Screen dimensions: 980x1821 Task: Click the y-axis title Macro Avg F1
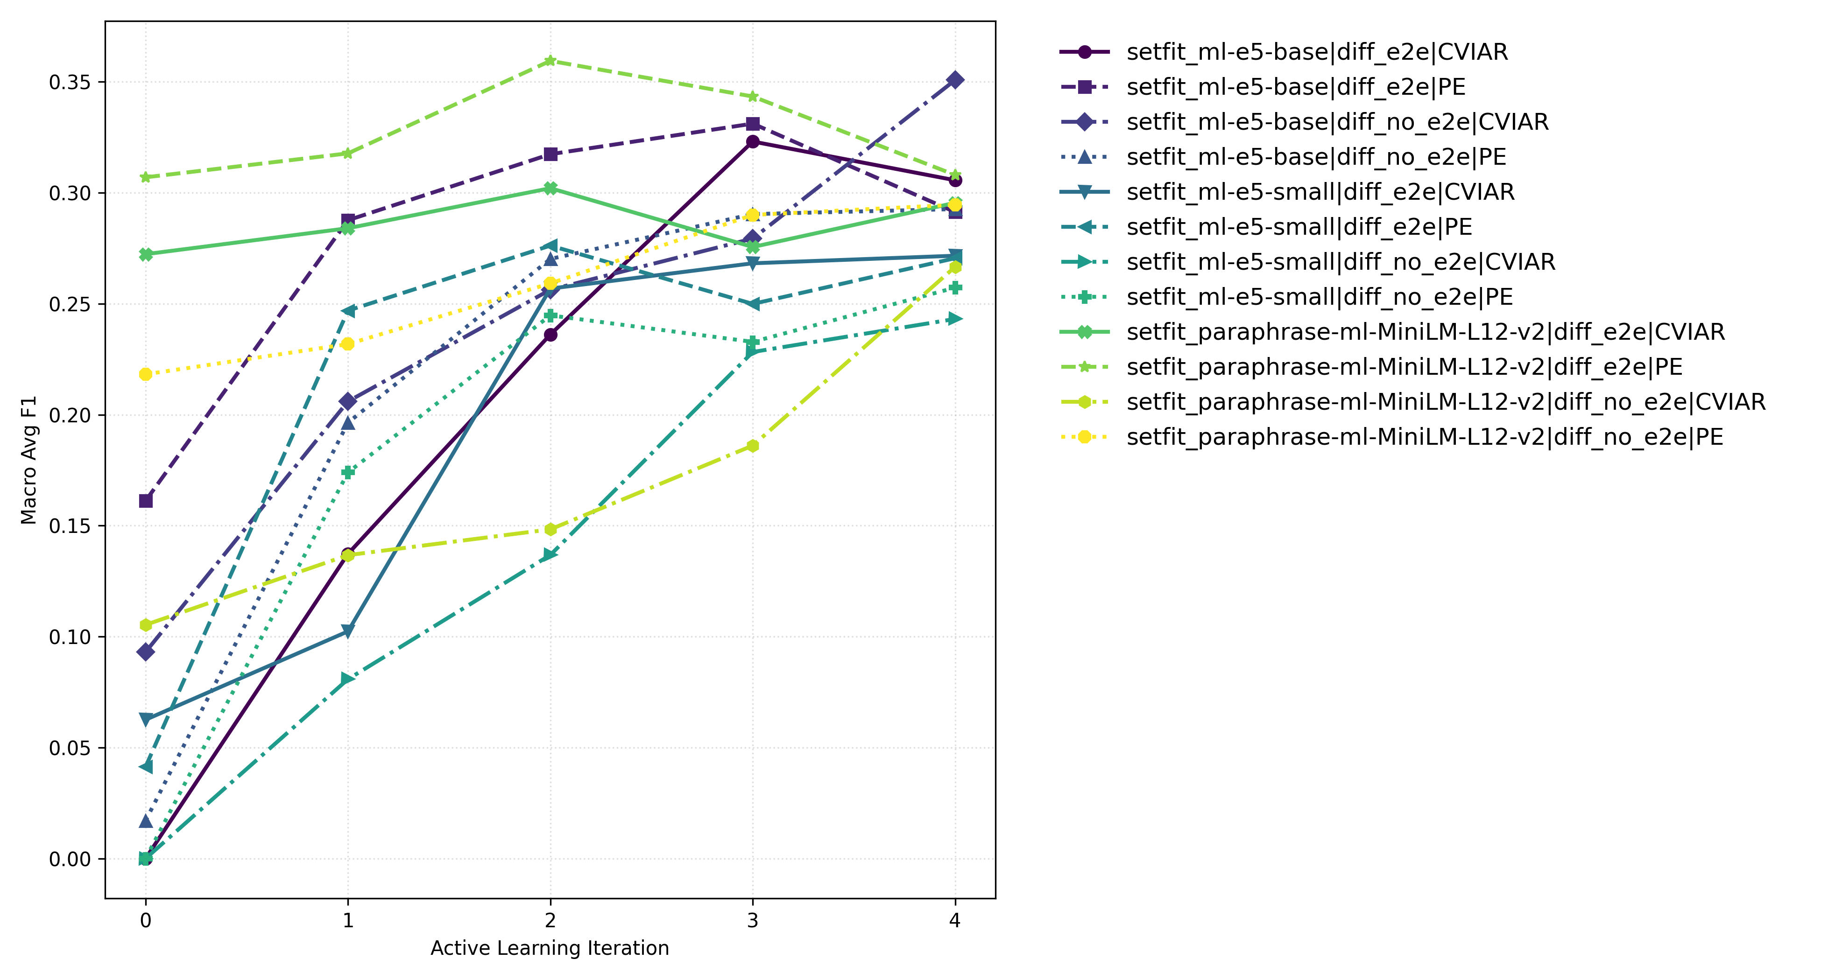pyautogui.click(x=29, y=460)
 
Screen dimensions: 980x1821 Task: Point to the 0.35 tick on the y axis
pyautogui.click(x=69, y=83)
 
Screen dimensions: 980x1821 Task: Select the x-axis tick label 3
pyautogui.click(x=752, y=920)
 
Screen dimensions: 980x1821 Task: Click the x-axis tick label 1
pyautogui.click(x=348, y=920)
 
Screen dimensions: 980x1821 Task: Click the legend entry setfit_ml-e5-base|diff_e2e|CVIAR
pyautogui.click(x=1316, y=52)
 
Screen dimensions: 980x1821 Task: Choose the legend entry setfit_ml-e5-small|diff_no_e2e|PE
pyautogui.click(x=1319, y=297)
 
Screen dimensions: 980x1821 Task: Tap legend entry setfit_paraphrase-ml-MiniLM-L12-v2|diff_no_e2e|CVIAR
pyautogui.click(x=1445, y=402)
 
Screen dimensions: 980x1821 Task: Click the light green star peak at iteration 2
pyautogui.click(x=551, y=61)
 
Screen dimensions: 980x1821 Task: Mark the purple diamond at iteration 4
pyautogui.click(x=955, y=80)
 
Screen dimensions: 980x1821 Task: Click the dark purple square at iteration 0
pyautogui.click(x=146, y=501)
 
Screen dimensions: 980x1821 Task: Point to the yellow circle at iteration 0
pyautogui.click(x=146, y=374)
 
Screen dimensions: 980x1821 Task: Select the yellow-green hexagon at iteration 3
pyautogui.click(x=753, y=446)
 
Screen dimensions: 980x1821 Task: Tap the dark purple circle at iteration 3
pyautogui.click(x=753, y=142)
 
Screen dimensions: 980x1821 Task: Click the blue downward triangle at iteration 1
pyautogui.click(x=348, y=631)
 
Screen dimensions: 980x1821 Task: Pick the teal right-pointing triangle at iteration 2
pyautogui.click(x=551, y=555)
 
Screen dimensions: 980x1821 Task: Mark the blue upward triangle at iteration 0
pyautogui.click(x=146, y=821)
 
